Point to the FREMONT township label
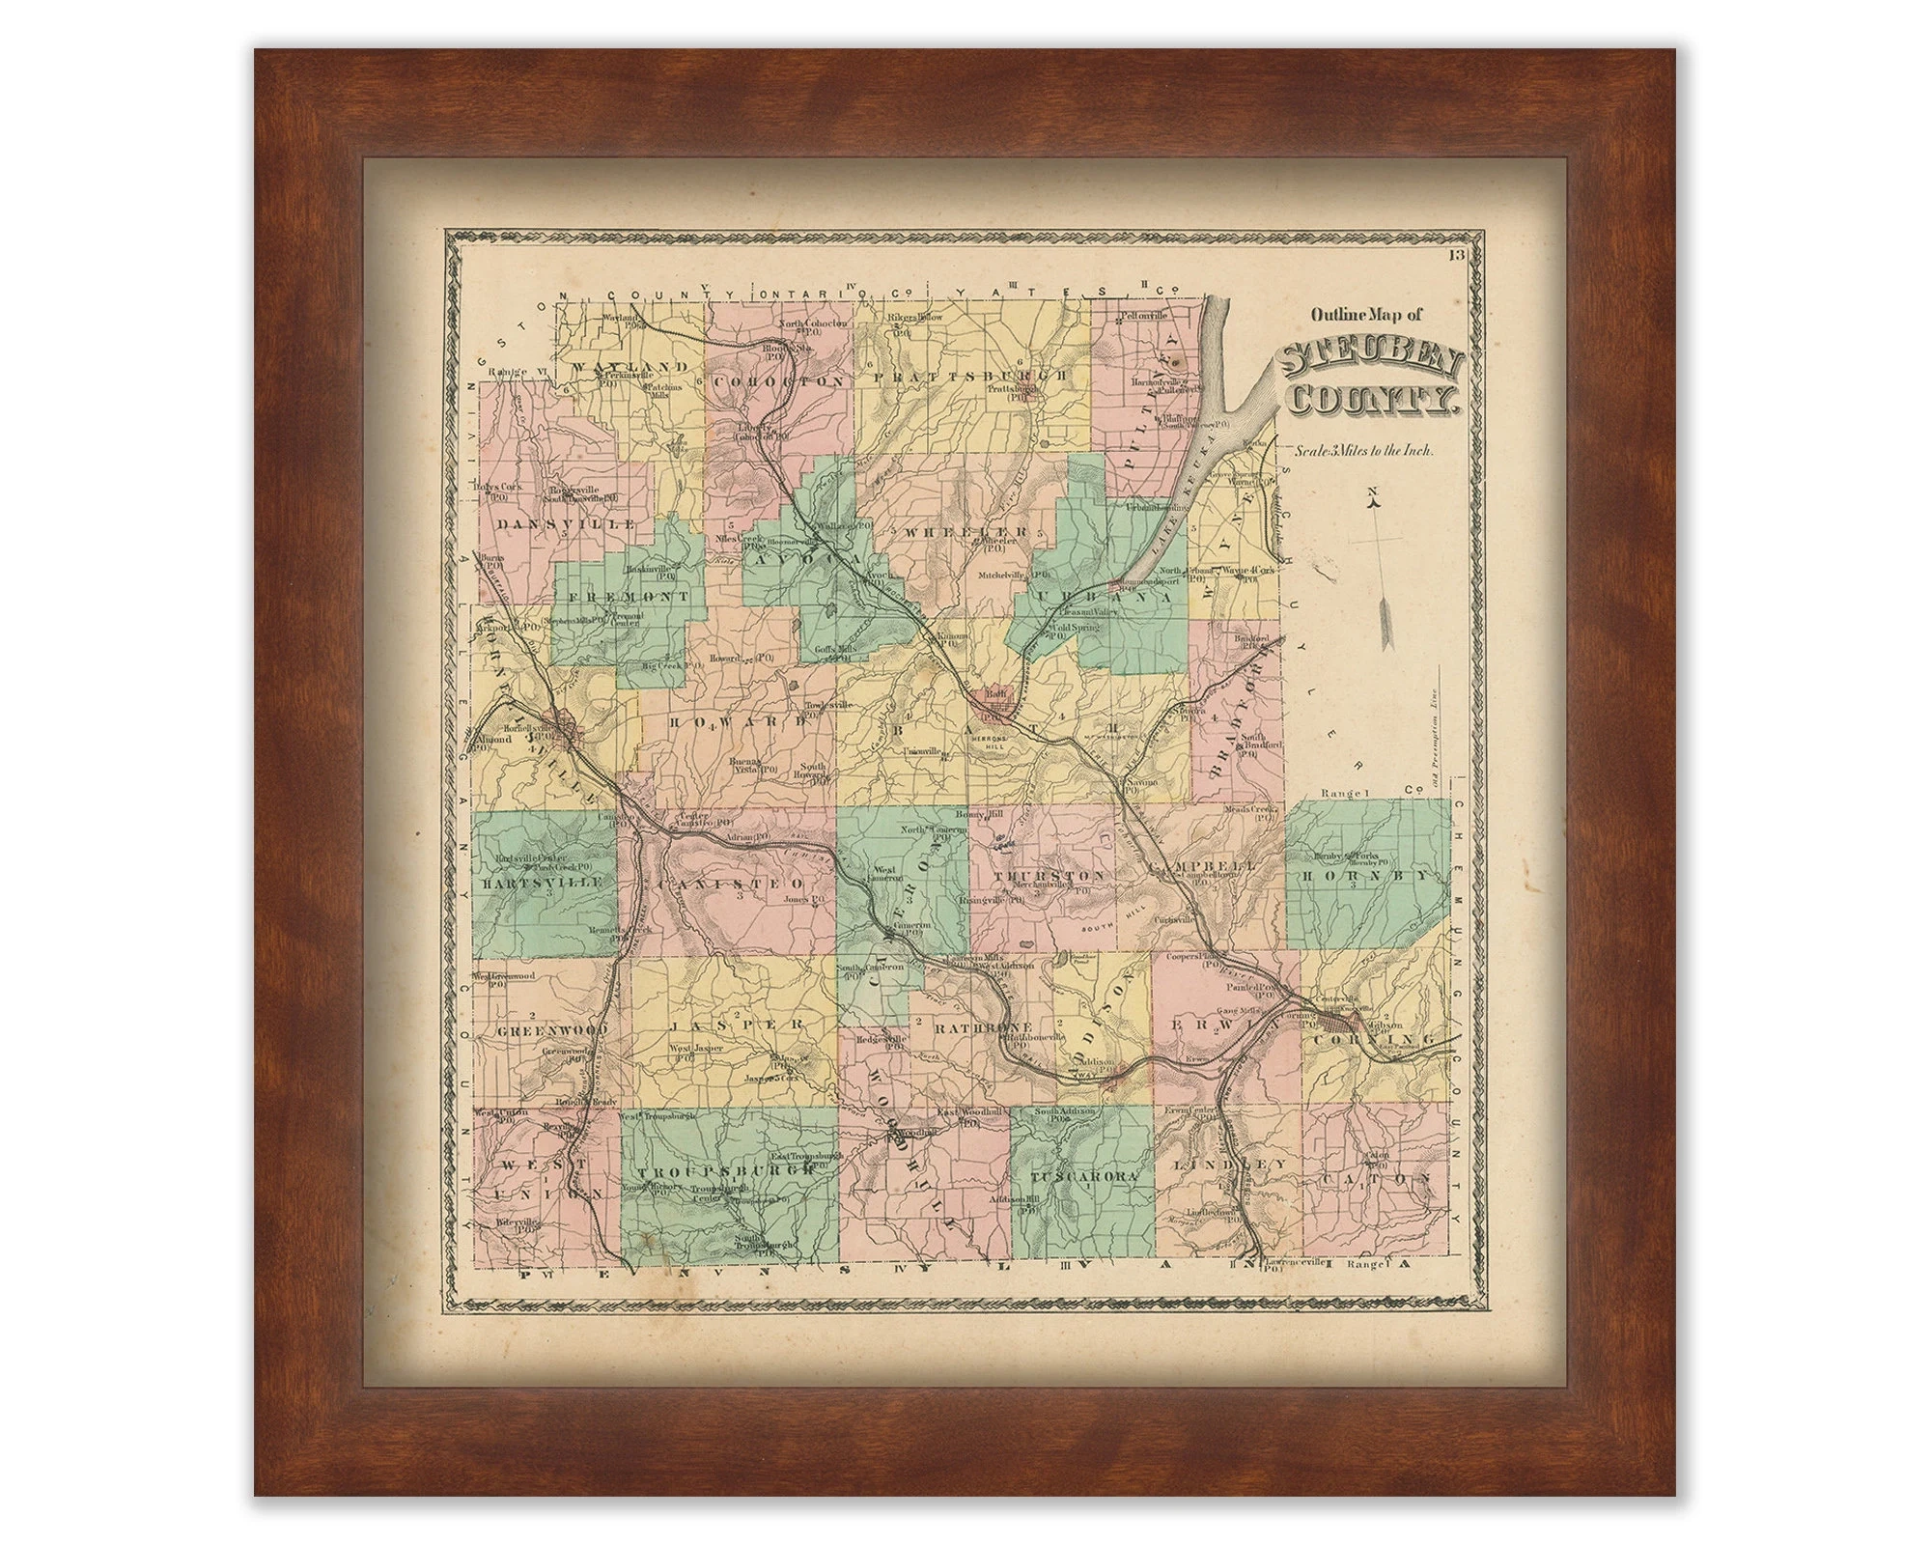click(x=630, y=598)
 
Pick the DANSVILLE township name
click(x=568, y=523)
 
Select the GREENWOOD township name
click(x=552, y=1030)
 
